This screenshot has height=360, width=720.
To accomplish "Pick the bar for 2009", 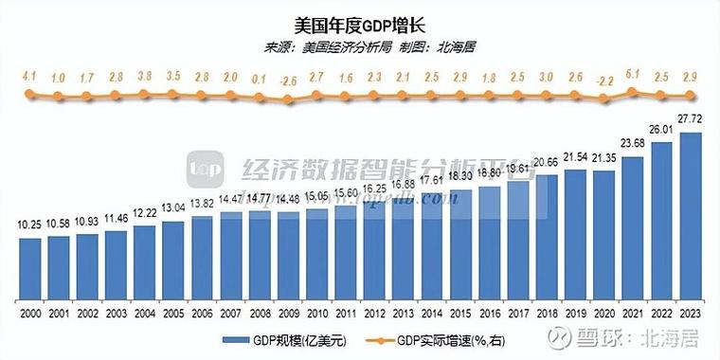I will click(289, 253).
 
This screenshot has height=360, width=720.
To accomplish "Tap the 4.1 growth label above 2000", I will click(30, 76).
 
